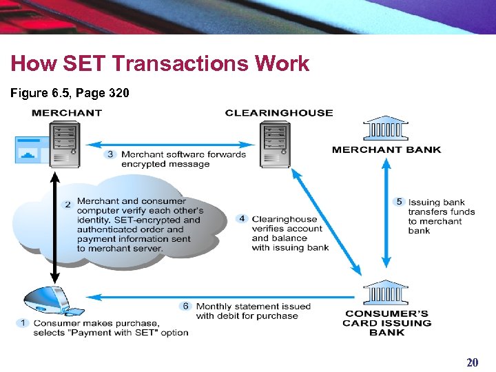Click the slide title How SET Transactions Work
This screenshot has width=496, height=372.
(x=160, y=64)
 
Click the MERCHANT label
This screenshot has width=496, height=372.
(x=67, y=112)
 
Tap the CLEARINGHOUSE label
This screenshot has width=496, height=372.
(x=278, y=112)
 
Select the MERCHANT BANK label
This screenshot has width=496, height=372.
(x=386, y=149)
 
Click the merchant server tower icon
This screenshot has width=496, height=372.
(x=65, y=145)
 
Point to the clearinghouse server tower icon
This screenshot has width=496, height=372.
(x=276, y=145)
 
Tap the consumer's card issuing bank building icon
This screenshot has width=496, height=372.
(x=386, y=292)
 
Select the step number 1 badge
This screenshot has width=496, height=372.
(x=23, y=322)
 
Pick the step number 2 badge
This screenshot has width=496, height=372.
(x=68, y=205)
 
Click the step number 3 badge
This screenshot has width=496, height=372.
(x=110, y=154)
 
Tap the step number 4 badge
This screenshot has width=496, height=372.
(x=241, y=219)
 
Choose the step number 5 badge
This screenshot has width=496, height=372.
(x=399, y=202)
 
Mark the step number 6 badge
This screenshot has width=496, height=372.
(x=185, y=306)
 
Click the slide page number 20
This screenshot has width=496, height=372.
(x=472, y=362)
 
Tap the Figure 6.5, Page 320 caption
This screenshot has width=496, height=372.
(x=70, y=93)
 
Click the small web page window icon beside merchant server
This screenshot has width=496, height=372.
(x=30, y=149)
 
